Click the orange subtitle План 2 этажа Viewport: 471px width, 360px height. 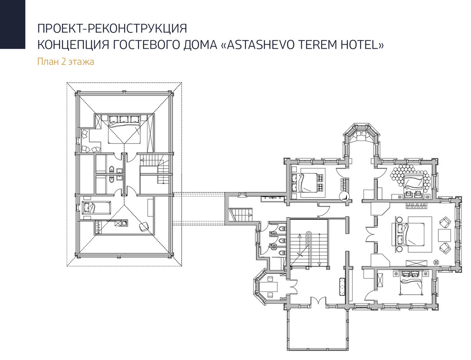(x=66, y=61)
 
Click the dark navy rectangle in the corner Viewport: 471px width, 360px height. (x=12, y=24)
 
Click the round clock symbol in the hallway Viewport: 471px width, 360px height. (x=343, y=196)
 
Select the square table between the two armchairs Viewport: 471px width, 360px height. (x=443, y=235)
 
